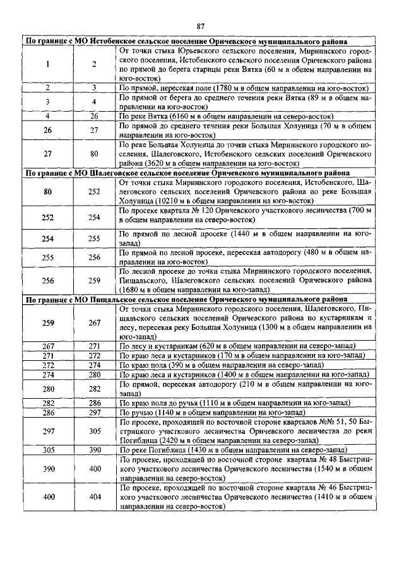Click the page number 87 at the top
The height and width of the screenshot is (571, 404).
tap(201, 26)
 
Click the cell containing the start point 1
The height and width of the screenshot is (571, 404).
tap(48, 64)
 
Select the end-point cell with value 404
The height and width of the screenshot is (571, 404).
tap(95, 498)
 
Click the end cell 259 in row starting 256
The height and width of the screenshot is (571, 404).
tap(95, 281)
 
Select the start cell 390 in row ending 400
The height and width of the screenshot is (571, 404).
tap(48, 469)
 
